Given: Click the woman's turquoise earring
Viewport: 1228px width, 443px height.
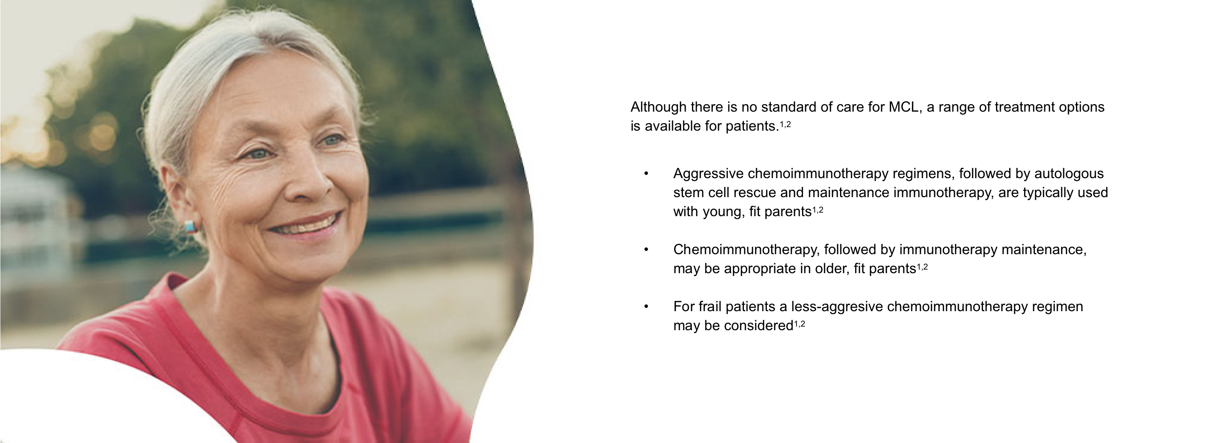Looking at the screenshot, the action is coord(190,226).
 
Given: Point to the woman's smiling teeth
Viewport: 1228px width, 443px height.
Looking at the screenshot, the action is coord(308,224).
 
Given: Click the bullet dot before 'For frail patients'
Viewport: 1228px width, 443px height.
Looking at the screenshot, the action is coord(646,307).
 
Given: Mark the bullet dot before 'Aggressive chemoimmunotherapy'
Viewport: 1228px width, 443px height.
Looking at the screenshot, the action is coord(646,173).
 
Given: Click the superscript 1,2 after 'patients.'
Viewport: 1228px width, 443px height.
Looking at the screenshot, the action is coord(785,124).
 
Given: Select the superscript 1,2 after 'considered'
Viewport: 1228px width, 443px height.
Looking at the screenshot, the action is coord(799,324).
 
